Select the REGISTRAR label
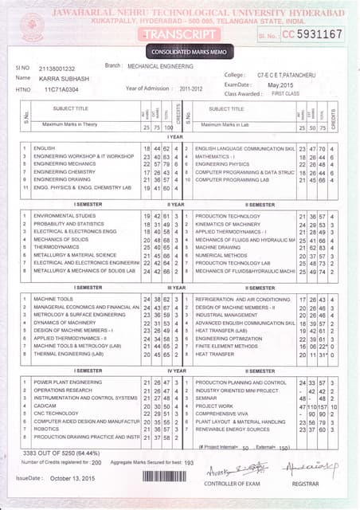pyautogui.click(x=305, y=484)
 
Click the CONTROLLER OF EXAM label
pyautogui.click(x=231, y=484)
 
